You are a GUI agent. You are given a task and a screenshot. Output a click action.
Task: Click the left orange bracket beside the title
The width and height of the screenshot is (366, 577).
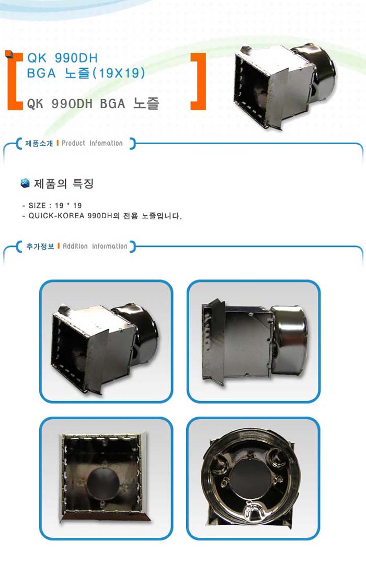point(10,81)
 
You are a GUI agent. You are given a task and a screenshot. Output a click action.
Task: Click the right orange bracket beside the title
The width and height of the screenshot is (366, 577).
point(202,81)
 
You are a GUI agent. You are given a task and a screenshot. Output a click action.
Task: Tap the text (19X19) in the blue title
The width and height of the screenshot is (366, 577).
point(118,73)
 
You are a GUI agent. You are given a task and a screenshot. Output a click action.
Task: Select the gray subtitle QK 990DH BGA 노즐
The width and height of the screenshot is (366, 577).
point(93,103)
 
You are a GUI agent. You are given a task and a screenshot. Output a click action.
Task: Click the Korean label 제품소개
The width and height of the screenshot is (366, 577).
point(39,143)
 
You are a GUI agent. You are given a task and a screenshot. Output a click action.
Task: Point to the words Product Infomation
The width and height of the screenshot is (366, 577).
point(92,143)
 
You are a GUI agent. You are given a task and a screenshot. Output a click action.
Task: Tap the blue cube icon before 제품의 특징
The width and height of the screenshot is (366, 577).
point(25,183)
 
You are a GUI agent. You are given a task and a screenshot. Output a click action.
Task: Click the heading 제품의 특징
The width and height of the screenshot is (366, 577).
point(64,183)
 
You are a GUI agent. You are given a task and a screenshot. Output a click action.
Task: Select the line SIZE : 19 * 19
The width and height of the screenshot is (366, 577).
point(52,205)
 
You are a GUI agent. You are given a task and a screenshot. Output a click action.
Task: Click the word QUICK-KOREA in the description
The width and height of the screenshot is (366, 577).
point(57,216)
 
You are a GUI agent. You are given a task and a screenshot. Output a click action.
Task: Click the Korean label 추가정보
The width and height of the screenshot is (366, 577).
point(40,246)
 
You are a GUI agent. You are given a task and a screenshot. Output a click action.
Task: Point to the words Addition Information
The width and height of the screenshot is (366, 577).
point(95,246)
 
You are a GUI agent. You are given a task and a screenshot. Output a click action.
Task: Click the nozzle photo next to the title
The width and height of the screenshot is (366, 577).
point(284,87)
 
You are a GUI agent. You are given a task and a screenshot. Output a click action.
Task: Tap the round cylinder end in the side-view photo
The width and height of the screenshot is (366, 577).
point(289,341)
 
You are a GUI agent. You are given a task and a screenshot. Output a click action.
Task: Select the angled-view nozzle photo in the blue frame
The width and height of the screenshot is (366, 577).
point(106,341)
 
